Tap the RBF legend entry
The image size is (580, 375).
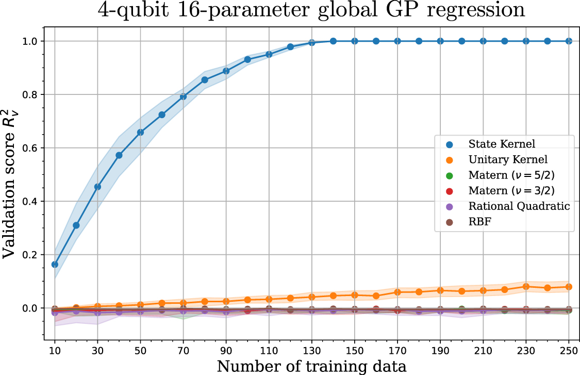click(477, 222)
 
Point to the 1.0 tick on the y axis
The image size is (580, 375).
click(29, 41)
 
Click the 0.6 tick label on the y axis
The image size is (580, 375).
click(29, 148)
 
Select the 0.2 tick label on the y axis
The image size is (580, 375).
click(29, 255)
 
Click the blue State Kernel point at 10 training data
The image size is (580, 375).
click(55, 265)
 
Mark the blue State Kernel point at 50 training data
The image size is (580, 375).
click(140, 133)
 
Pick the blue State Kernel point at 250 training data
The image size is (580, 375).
click(569, 41)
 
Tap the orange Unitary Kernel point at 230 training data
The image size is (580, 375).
click(526, 286)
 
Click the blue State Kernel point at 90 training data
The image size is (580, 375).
click(226, 71)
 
